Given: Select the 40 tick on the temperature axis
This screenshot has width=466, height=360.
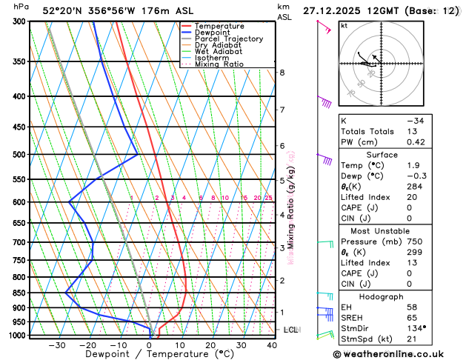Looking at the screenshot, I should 273,345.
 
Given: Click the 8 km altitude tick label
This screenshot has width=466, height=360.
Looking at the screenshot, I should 282,73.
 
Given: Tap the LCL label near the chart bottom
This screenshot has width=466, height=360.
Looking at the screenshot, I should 290,330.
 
